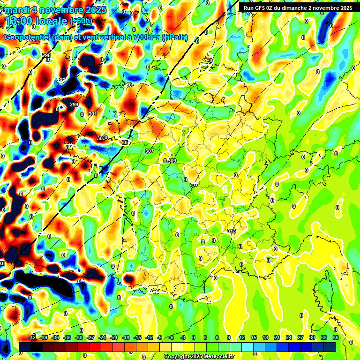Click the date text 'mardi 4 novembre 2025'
[56, 10]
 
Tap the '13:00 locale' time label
[37, 21]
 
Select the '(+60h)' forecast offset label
[81, 21]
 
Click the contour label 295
[46, 56]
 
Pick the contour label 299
[74, 105]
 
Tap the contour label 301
[92, 114]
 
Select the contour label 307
[150, 151]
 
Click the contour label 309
[172, 161]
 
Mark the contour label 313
[232, 231]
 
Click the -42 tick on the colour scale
[32, 337]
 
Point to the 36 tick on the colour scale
[335, 337]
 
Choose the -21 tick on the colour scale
[113, 337]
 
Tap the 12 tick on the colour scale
[242, 337]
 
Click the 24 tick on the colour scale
[288, 337]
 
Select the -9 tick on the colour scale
[159, 337]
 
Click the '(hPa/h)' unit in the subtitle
[174, 37]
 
